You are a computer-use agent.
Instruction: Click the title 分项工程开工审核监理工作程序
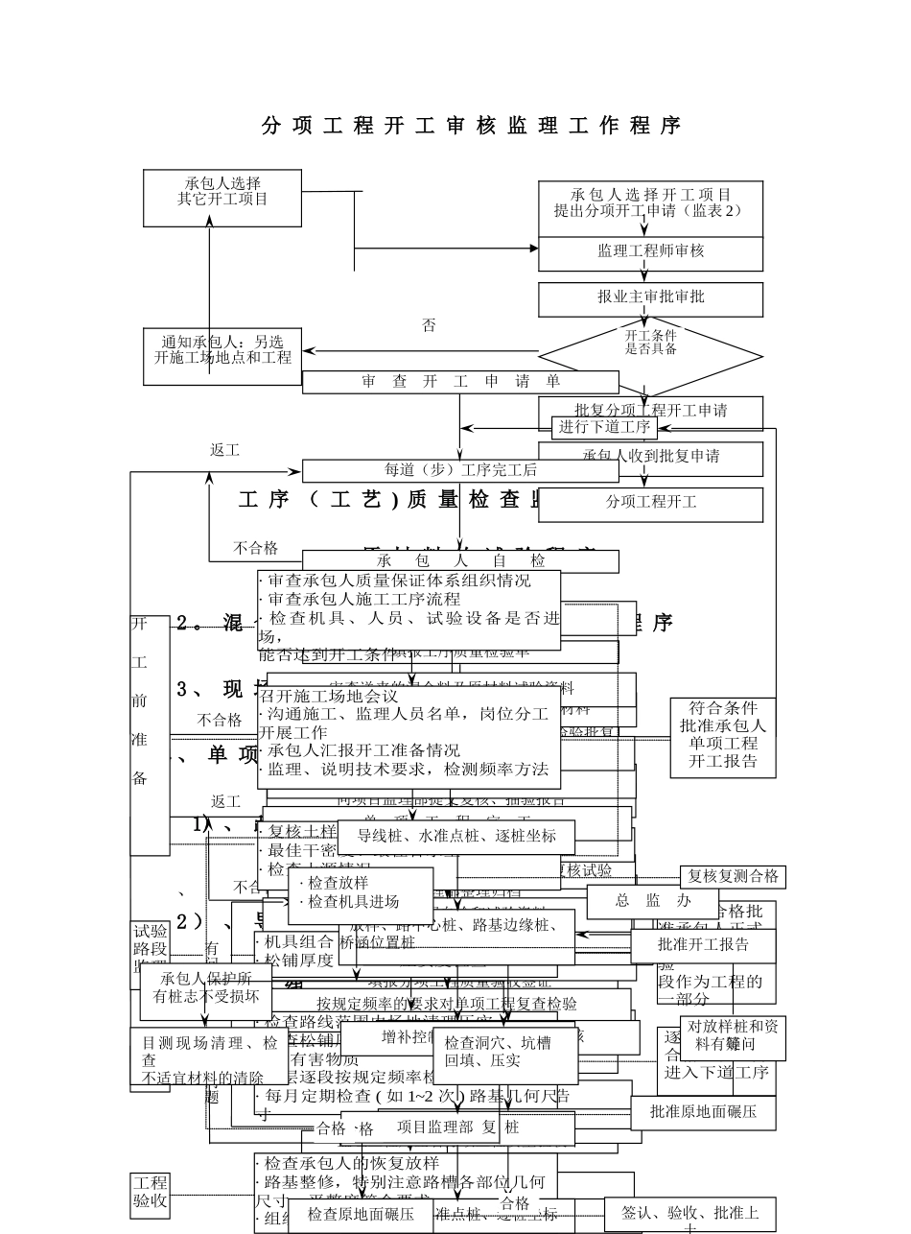[x=471, y=126]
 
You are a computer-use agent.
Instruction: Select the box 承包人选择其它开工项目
[x=222, y=198]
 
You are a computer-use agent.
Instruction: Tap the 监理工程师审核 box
[x=650, y=252]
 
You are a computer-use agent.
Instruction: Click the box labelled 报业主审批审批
[x=650, y=298]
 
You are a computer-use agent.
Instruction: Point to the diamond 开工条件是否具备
[x=650, y=355]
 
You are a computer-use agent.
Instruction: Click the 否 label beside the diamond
[x=429, y=326]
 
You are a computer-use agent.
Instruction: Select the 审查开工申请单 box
[x=460, y=382]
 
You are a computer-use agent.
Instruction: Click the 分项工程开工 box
[x=650, y=503]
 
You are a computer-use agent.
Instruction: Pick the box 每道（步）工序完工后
[x=460, y=470]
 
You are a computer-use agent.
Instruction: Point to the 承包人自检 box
[x=460, y=560]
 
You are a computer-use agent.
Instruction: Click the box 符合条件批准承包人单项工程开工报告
[x=723, y=736]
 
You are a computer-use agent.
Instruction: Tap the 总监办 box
[x=652, y=901]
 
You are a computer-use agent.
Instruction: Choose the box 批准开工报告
[x=703, y=945]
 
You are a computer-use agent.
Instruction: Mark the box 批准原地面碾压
[x=703, y=1112]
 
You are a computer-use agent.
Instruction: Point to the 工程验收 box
[x=150, y=1191]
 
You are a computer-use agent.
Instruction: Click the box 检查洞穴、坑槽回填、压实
[x=505, y=1054]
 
